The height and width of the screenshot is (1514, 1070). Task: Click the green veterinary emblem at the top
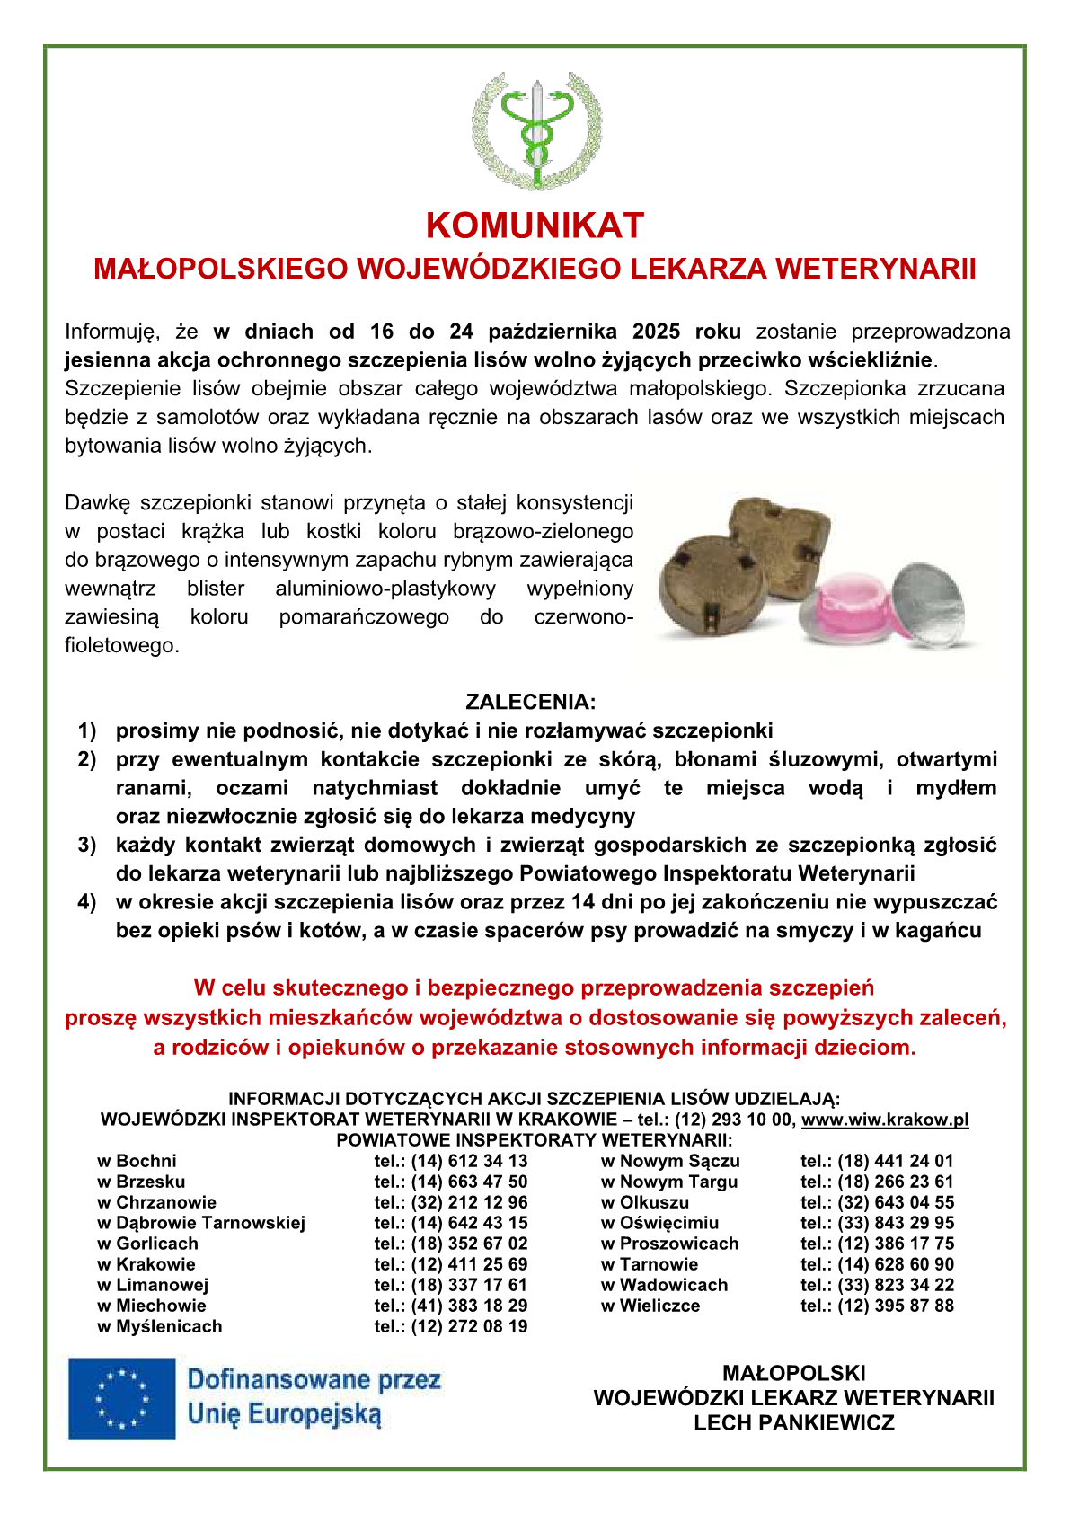535,131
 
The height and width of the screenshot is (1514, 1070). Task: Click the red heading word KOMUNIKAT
535,226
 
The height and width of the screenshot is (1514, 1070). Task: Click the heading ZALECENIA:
530,702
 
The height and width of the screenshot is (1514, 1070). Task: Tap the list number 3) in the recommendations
87,845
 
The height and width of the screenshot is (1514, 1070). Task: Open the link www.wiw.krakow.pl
884,1120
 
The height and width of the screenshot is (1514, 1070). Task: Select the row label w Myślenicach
160,1326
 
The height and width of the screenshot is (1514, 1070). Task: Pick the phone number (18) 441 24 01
877,1161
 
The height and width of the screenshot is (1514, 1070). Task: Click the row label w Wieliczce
650,1306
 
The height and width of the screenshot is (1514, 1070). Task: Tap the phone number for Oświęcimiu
877,1223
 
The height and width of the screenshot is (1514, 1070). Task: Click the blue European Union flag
122,1398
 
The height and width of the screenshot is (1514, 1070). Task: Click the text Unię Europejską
284,1414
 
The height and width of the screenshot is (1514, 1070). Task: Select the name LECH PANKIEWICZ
793,1422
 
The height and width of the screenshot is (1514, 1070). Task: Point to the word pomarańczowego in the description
364,617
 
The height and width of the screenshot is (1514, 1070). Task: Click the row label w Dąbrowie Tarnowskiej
201,1223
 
